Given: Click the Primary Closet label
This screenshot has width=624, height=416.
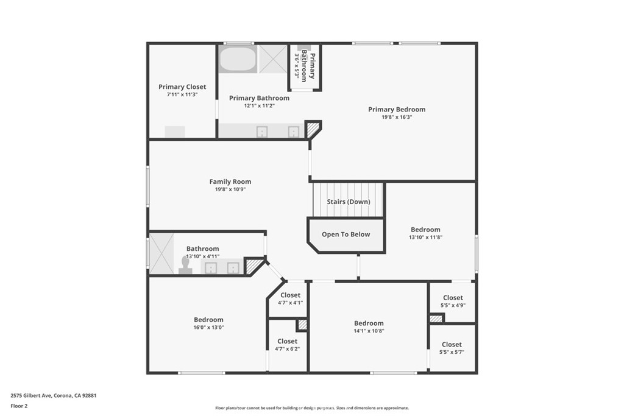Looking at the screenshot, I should point(182,87).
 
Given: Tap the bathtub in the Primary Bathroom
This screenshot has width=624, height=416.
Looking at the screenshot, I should point(238,59).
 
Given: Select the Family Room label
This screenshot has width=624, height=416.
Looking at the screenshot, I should point(230,182).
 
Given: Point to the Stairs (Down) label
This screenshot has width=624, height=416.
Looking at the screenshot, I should point(348,202).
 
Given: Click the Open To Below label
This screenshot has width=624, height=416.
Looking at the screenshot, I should point(346,234).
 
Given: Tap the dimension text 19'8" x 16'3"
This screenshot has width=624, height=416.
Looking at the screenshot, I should point(396,118).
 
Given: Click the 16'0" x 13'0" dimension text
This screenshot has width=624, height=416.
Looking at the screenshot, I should point(208,327).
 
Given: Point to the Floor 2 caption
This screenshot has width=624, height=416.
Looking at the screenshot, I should point(19,405).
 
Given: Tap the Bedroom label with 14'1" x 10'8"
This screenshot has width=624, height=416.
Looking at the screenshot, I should point(369,323).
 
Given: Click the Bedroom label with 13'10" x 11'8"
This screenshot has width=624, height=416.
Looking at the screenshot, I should point(425,230).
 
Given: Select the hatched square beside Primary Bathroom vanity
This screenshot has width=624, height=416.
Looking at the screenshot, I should point(312,130).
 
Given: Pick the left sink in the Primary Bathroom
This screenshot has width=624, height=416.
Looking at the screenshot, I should point(262,132).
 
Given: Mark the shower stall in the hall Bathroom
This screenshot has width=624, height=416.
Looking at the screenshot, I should point(161,253).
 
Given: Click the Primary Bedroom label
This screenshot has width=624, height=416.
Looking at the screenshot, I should point(396,110).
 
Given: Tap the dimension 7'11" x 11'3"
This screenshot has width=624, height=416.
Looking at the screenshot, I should point(182,95).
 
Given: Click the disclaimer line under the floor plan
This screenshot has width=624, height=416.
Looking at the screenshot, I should point(311,408).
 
